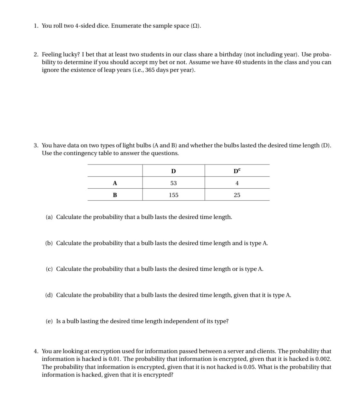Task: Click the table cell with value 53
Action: coord(173,183)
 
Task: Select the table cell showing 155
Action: coord(173,195)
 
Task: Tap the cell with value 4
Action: coord(237,183)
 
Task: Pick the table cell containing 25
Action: coord(237,195)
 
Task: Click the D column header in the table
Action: coord(173,171)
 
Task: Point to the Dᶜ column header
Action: coord(237,171)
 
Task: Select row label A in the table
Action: coord(115,183)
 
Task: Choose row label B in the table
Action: coord(115,195)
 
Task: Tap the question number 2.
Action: coord(36,55)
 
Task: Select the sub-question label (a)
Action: coord(49,217)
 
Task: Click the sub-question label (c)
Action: coord(49,269)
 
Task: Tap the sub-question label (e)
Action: coord(49,321)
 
